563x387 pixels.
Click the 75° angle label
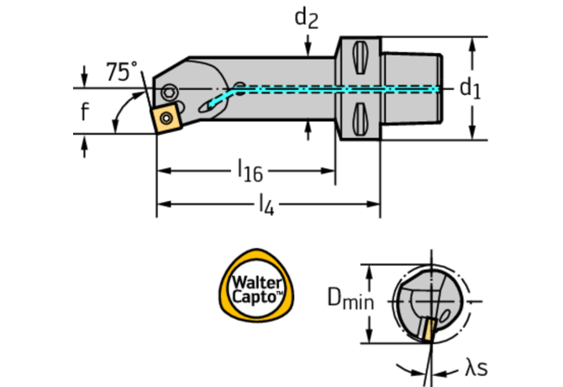122,72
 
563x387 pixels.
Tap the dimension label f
84,113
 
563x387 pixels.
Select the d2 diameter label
307,18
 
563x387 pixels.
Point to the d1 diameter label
469,88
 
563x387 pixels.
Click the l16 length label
250,172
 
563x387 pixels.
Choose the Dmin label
350,297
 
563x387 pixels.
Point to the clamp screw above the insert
170,92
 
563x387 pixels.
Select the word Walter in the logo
258,278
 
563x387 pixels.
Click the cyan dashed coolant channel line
336,87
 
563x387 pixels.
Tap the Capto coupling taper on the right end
412,87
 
